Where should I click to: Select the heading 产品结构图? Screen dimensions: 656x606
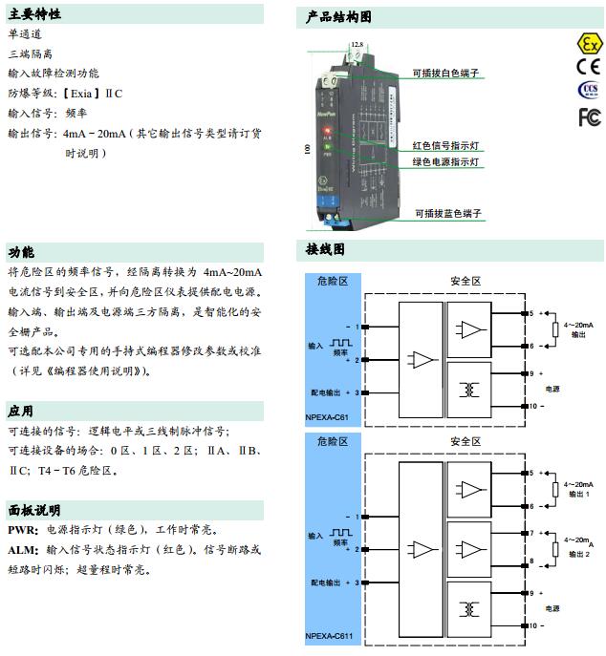339,16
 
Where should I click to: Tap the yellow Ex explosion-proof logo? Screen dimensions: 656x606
590,45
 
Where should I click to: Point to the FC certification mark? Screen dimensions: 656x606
590,116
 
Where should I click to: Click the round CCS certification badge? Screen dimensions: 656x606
590,91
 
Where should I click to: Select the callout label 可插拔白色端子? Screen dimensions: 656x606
445,73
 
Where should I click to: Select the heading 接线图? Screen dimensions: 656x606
325,250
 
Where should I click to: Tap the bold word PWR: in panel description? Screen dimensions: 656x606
22,529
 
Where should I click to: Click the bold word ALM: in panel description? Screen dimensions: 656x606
23,550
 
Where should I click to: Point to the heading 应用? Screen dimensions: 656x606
21,411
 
